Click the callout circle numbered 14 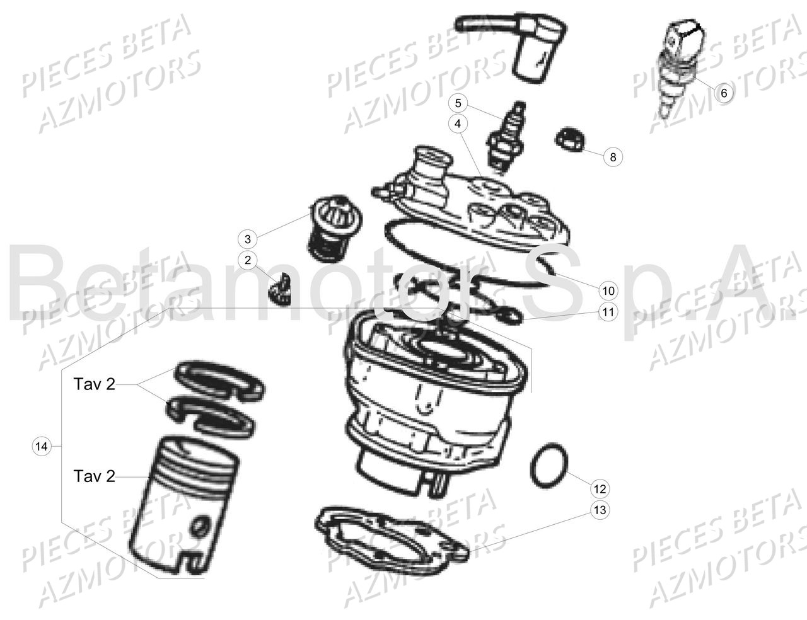(42, 446)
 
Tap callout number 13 (600, 510)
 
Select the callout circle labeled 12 (600, 489)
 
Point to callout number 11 (608, 312)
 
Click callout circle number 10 (608, 291)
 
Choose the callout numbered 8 (613, 157)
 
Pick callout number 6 (724, 93)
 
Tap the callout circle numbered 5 (458, 103)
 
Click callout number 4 (458, 123)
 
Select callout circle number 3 (248, 239)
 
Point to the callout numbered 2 (248, 260)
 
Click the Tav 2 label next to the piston (95, 476)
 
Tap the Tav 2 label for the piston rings (95, 384)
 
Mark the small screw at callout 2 (281, 289)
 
